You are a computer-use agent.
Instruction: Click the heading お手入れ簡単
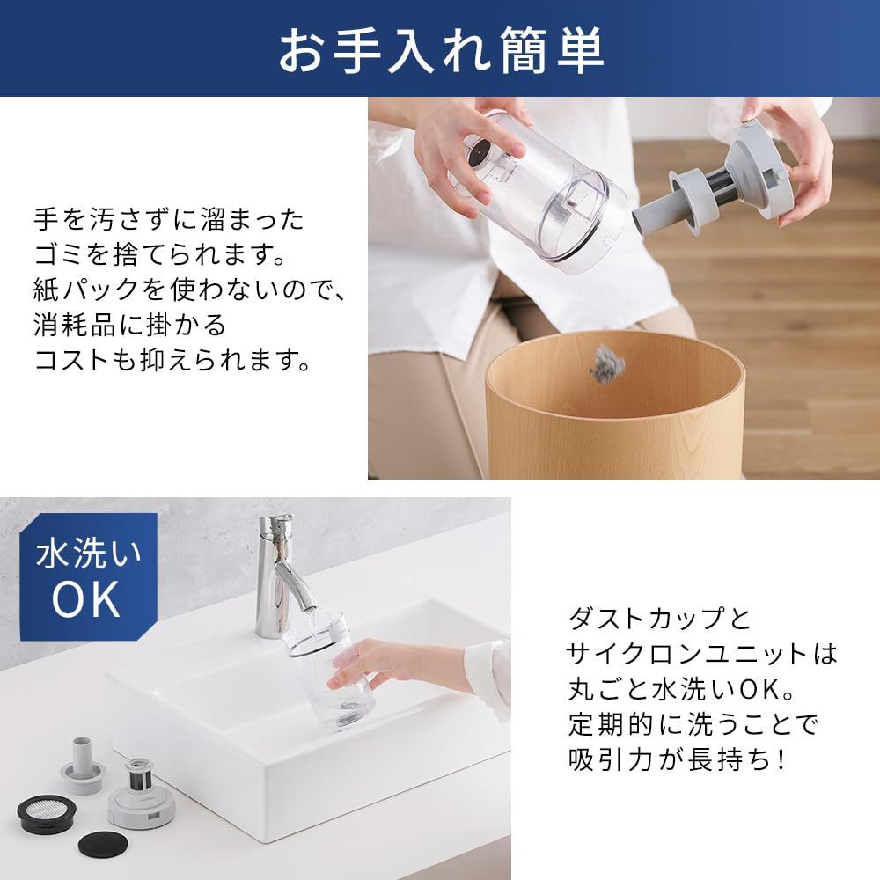440,50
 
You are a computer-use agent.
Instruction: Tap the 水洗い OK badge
88,577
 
